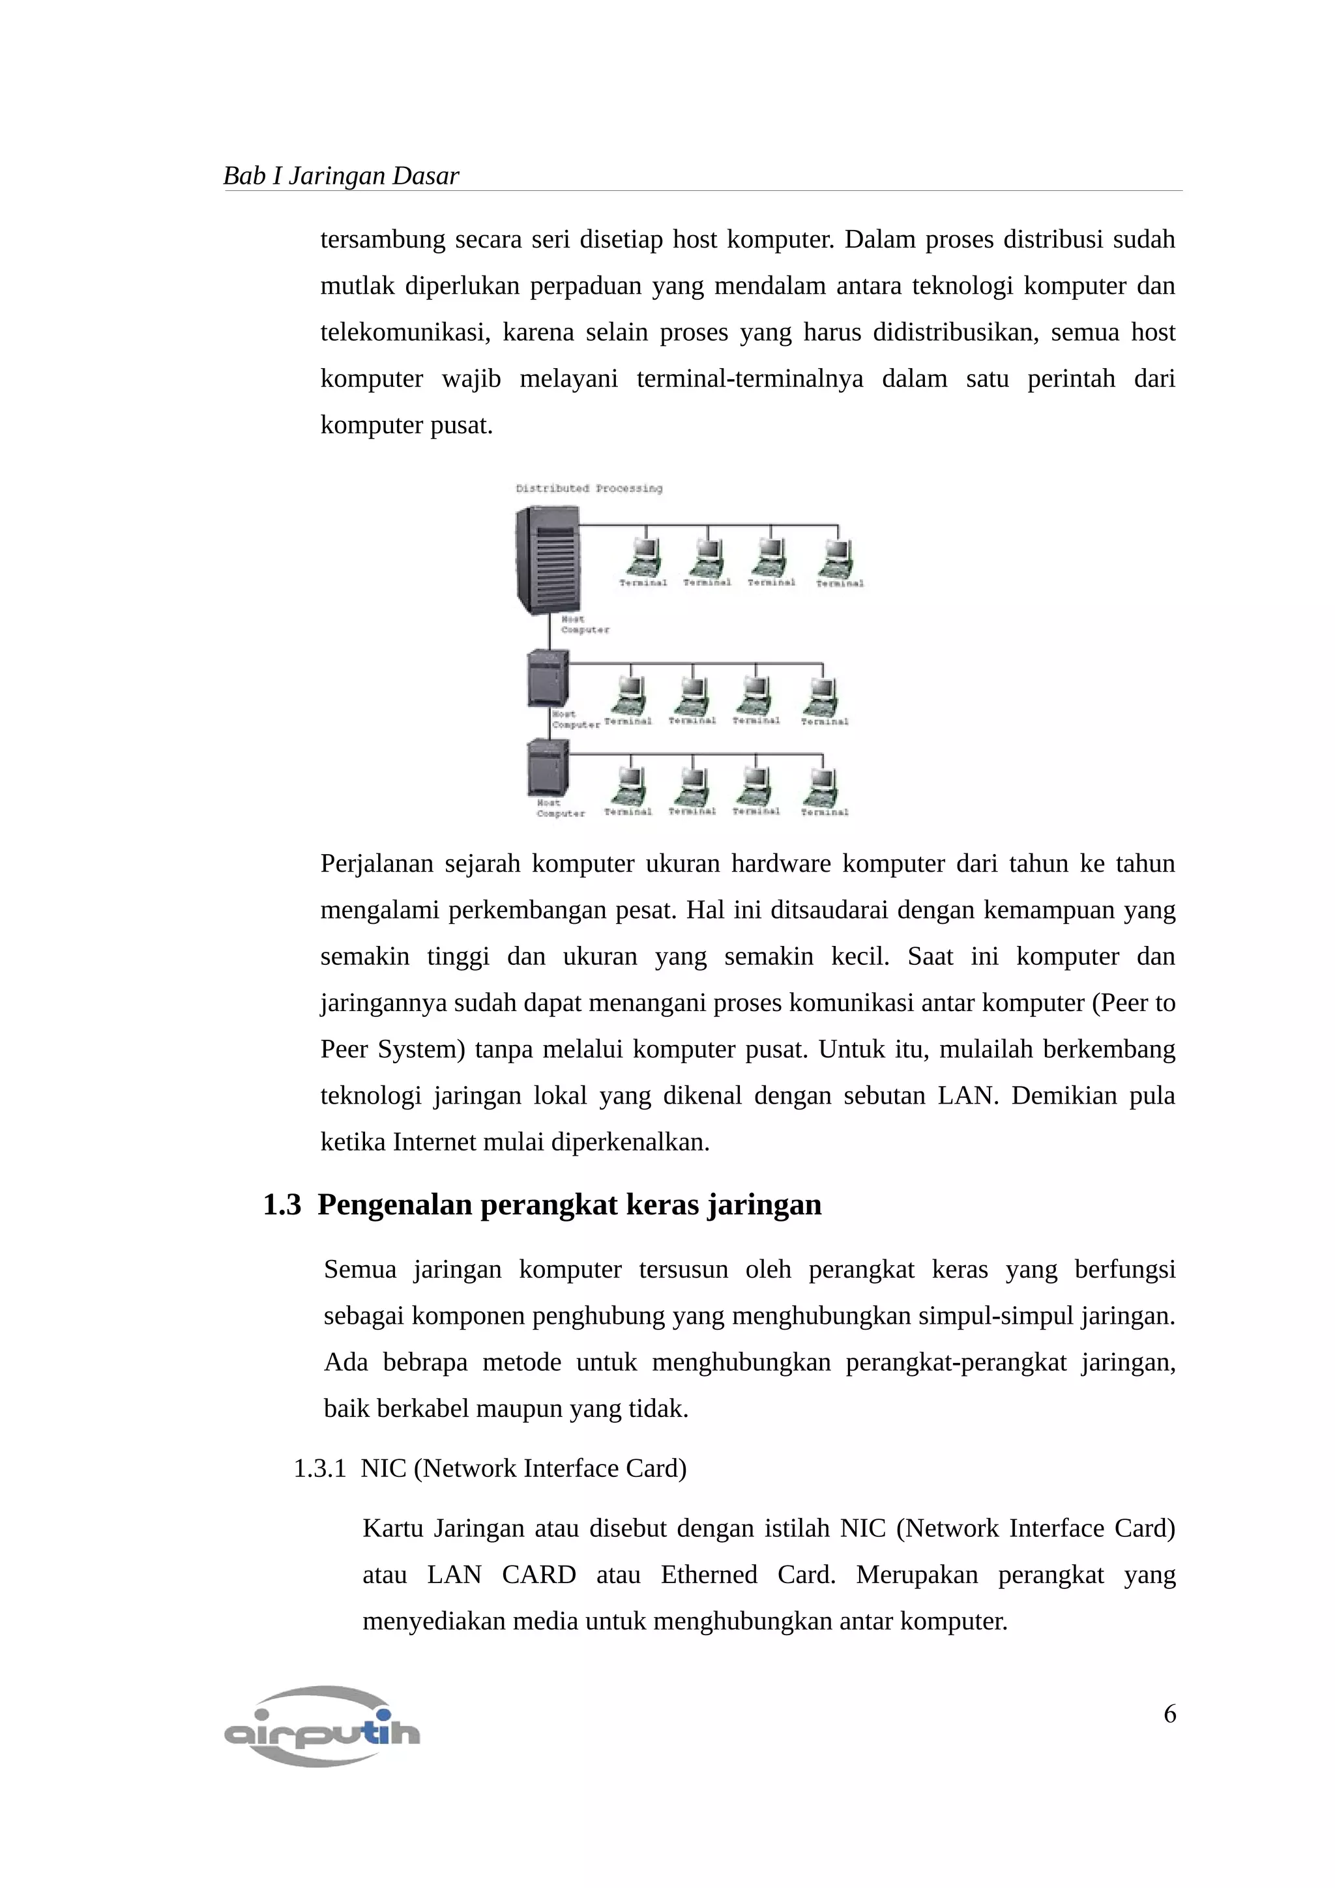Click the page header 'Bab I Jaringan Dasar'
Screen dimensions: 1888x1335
(340, 176)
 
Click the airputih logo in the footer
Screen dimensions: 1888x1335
(321, 1726)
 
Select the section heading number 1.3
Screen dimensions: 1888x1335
(282, 1205)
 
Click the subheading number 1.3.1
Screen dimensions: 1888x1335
(319, 1468)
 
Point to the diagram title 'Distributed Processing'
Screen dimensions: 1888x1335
(588, 489)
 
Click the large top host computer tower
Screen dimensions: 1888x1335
(546, 558)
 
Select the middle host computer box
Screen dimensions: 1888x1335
(548, 678)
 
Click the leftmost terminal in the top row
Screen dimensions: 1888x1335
(643, 558)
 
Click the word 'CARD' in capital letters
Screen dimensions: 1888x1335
(539, 1575)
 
